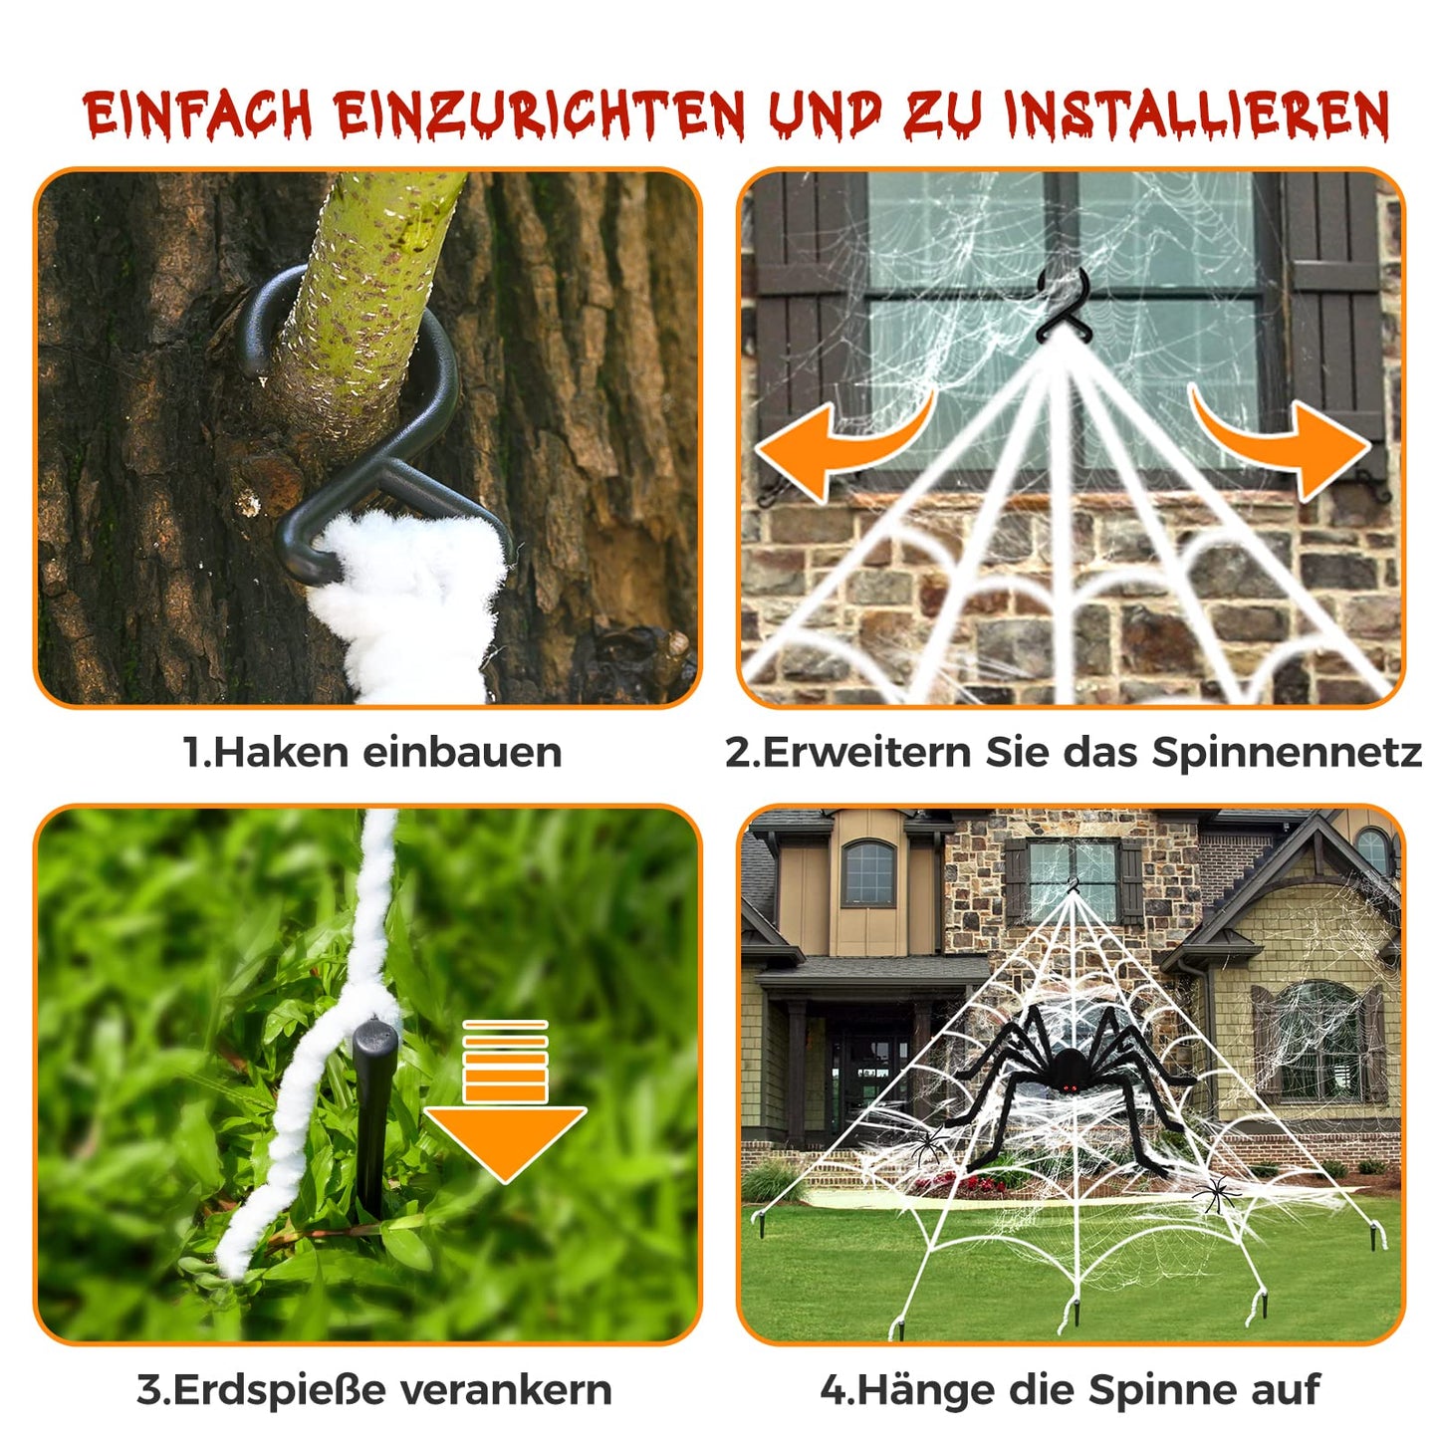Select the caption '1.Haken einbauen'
[372, 752]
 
